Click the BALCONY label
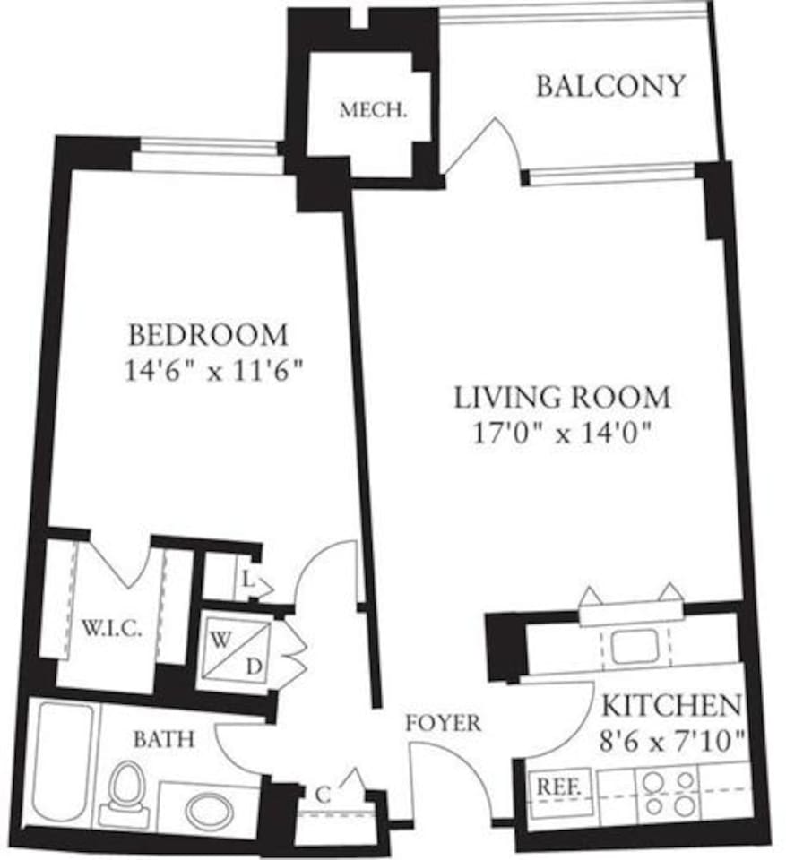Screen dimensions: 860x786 [x=610, y=86]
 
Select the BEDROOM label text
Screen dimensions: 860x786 [x=208, y=335]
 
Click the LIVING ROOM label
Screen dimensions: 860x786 [x=562, y=396]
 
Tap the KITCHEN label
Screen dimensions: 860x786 [x=671, y=706]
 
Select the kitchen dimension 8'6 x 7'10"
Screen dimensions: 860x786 [x=671, y=741]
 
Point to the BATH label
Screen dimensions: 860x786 [x=164, y=739]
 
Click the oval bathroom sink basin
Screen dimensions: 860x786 [x=209, y=811]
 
